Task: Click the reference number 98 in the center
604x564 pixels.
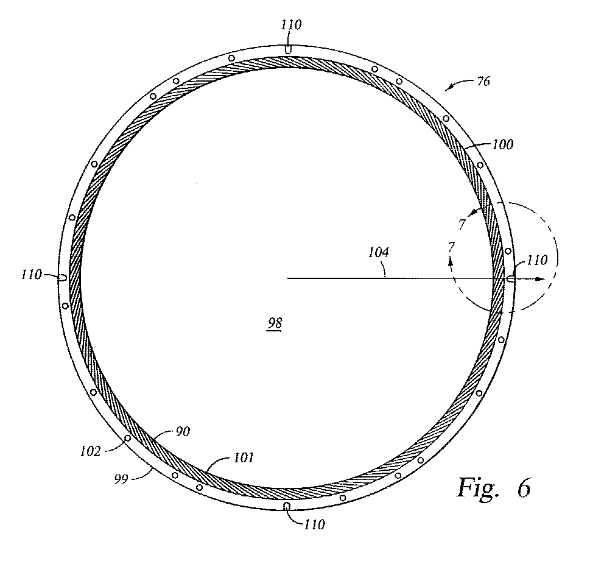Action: (275, 323)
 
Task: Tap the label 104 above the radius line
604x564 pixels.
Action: (379, 252)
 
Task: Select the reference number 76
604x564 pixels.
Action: (483, 82)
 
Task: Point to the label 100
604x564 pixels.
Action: (503, 144)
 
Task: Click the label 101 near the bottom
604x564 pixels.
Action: (244, 457)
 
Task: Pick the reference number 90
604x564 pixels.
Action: (183, 431)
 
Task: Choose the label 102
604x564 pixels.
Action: (90, 451)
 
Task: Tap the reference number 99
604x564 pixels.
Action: (121, 479)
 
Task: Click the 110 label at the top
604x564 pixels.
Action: (291, 25)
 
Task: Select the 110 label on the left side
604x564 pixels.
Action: (31, 275)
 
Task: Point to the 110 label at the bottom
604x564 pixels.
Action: (314, 524)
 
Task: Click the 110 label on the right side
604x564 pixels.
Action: (536, 260)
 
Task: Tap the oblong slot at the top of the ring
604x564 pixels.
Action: (288, 49)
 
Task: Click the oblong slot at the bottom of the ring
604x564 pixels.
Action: (287, 506)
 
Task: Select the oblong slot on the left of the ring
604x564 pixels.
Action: (62, 277)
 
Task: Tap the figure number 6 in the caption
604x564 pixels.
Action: (524, 488)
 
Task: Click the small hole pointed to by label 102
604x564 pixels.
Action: (127, 438)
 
